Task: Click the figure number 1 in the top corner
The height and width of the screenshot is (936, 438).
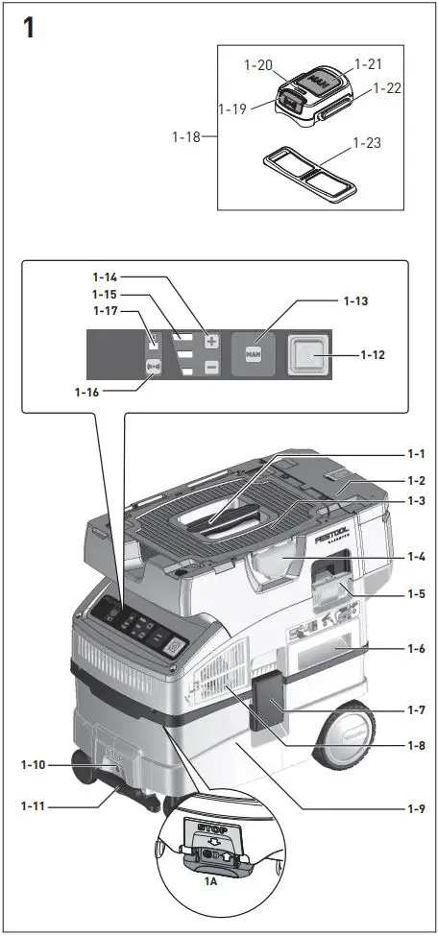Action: (x=28, y=27)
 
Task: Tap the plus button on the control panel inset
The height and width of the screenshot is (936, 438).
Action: (x=211, y=341)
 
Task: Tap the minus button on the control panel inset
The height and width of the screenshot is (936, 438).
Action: (x=211, y=367)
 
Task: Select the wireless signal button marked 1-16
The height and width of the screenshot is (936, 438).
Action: (x=152, y=366)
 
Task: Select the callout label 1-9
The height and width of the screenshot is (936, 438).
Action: (x=413, y=807)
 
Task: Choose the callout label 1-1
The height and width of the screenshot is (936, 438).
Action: (x=414, y=453)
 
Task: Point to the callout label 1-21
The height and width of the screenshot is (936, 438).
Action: (x=368, y=63)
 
